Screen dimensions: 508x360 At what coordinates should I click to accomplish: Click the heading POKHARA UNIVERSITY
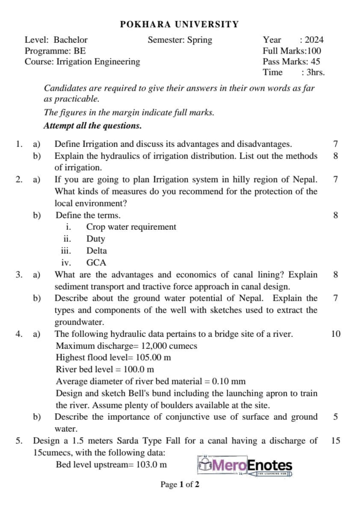click(x=180, y=24)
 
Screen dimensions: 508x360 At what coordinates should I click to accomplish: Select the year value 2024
click(x=314, y=40)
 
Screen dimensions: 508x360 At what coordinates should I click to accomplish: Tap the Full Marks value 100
click(x=314, y=51)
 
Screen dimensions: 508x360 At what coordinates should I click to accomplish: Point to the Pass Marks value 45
click(x=315, y=62)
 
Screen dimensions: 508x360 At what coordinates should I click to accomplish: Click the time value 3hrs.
click(x=315, y=72)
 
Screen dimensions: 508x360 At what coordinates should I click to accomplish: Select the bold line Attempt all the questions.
click(x=93, y=126)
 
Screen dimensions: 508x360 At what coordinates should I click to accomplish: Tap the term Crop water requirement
click(x=131, y=227)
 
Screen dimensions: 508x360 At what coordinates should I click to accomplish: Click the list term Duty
click(x=96, y=239)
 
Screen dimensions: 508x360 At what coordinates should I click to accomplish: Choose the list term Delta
click(x=96, y=251)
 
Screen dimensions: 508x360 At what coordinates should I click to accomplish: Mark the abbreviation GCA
click(x=96, y=262)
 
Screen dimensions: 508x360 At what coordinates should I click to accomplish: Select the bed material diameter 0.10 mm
click(x=229, y=381)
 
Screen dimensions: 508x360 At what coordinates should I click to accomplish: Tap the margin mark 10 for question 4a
click(x=336, y=334)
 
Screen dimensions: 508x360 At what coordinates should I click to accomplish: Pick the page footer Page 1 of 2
click(x=180, y=484)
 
